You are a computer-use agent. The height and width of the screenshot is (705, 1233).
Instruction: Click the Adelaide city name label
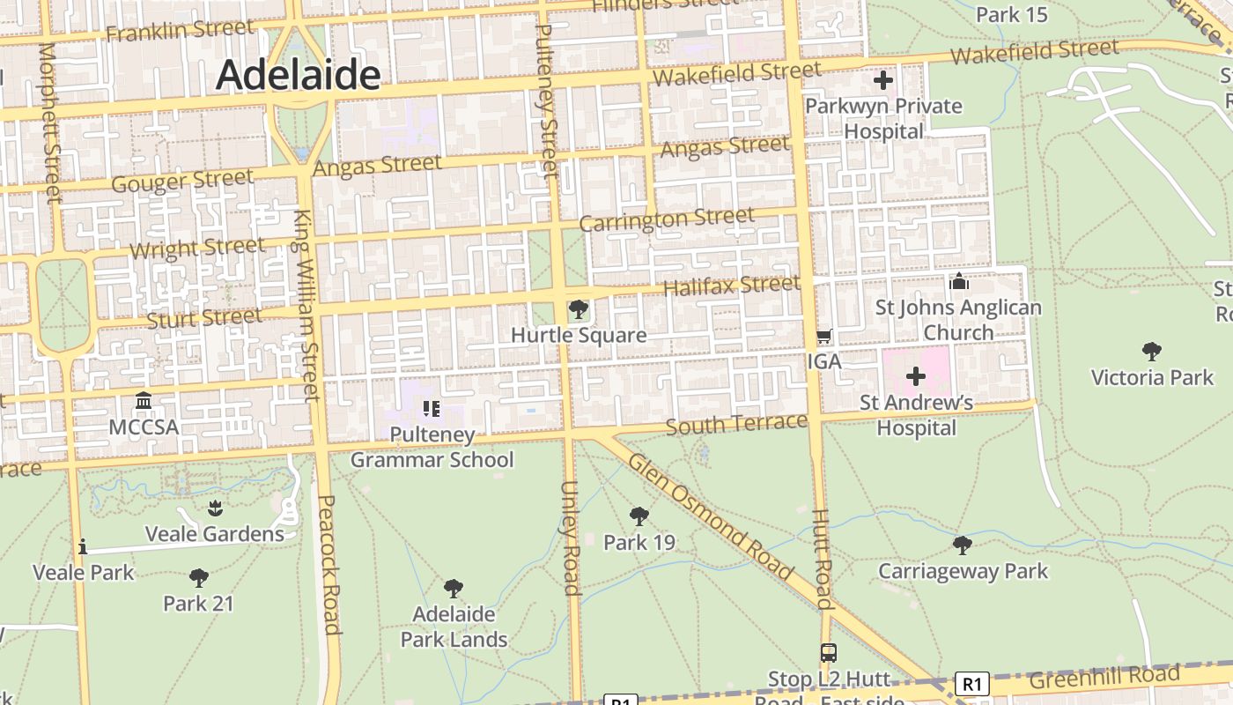298,75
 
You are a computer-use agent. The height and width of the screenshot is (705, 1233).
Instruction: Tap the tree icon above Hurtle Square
579,309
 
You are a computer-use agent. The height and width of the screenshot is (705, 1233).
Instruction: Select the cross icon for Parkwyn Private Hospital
882,81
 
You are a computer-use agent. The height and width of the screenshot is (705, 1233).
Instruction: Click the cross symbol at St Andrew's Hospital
916,377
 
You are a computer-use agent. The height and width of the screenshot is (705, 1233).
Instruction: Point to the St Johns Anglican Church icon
958,282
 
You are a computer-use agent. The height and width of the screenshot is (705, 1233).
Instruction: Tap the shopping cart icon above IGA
823,336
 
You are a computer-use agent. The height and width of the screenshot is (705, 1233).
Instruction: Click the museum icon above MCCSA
144,402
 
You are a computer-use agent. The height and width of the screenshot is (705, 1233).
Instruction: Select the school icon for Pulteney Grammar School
432,408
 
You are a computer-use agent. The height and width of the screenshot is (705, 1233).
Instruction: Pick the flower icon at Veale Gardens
215,508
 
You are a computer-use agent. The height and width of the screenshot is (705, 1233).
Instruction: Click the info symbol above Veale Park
83,547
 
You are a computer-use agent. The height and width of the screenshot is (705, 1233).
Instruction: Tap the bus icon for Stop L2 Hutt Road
828,653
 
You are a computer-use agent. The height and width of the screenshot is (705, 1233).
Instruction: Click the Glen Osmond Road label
711,516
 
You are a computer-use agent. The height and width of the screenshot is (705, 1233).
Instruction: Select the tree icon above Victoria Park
1151,352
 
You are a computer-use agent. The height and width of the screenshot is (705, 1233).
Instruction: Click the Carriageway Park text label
963,571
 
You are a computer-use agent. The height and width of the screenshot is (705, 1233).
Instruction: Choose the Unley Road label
570,538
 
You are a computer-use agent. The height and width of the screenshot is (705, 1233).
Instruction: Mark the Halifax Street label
731,286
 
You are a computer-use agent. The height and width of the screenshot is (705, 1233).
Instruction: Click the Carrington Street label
666,219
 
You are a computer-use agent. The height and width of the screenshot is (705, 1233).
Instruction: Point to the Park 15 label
1011,14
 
